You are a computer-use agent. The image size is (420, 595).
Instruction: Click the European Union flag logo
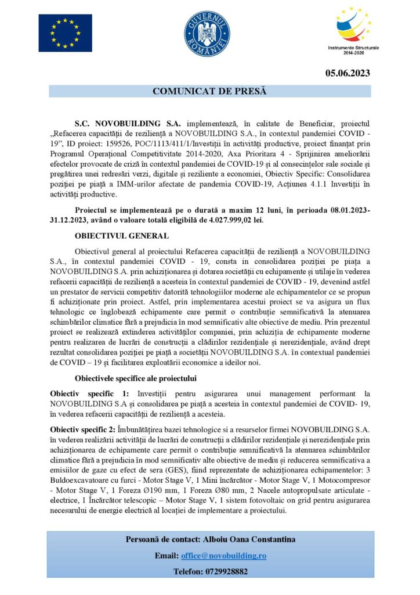[65, 33]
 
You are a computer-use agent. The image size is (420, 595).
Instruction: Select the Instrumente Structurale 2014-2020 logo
[352, 30]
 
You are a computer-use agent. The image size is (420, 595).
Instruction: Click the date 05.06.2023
[347, 73]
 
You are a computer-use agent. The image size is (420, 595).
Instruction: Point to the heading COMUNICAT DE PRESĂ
[209, 91]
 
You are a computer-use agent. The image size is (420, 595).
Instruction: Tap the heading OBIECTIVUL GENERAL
[122, 235]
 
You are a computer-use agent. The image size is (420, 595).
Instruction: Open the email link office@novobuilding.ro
[223, 555]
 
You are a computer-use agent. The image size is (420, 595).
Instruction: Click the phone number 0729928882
[227, 571]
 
